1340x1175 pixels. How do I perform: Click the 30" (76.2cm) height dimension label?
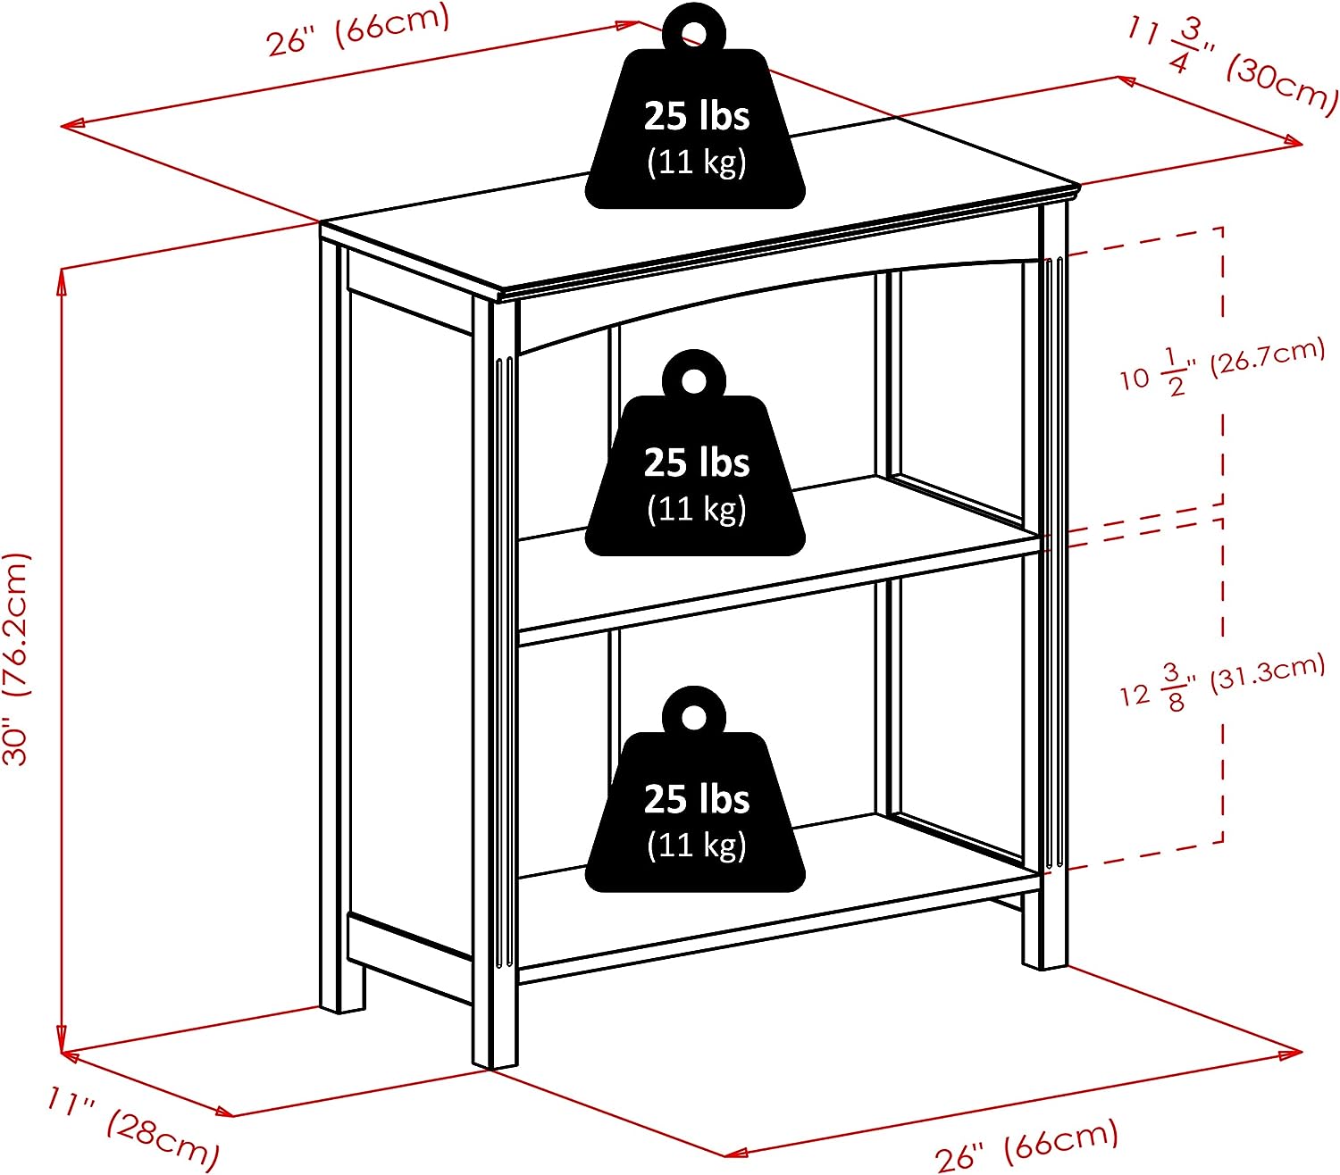[x=18, y=659]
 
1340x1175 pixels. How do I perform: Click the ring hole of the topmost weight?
[x=693, y=34]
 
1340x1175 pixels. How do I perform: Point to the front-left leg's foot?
[x=494, y=1054]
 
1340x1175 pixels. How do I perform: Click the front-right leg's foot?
[x=1044, y=955]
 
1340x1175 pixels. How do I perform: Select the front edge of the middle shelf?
[x=777, y=594]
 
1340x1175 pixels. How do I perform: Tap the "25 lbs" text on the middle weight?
[x=696, y=462]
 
